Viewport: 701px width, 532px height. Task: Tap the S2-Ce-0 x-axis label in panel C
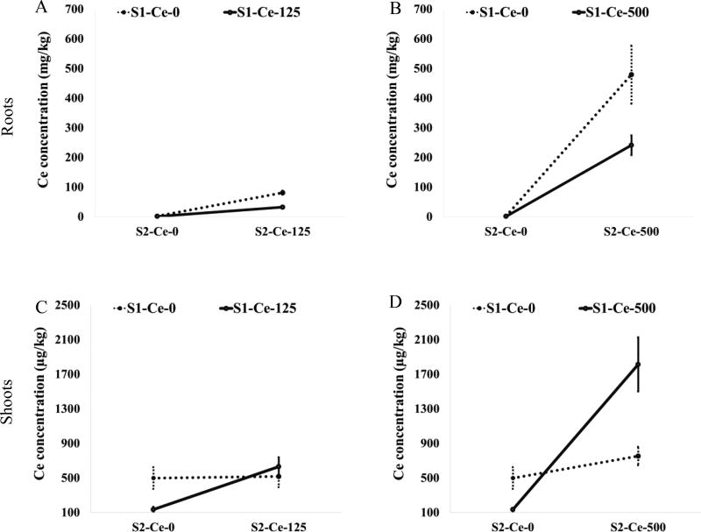(153, 527)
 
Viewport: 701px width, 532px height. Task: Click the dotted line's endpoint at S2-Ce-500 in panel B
(631, 75)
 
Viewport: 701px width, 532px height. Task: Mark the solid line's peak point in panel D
(638, 364)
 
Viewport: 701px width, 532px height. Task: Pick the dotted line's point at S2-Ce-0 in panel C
(153, 478)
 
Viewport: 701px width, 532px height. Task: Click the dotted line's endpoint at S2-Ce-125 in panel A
(282, 192)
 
